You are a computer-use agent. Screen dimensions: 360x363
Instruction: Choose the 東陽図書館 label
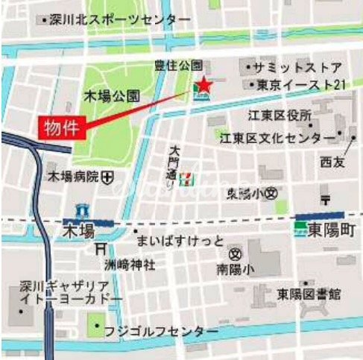click(309, 292)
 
